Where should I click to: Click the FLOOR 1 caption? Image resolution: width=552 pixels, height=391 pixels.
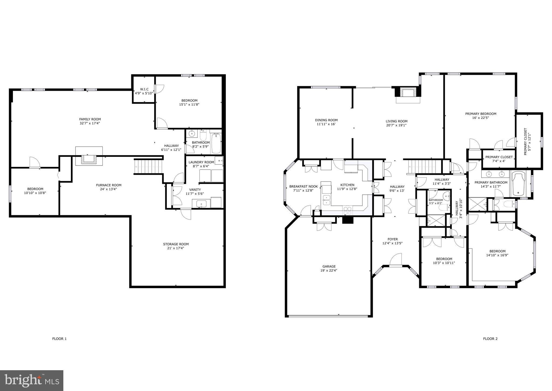click(x=59, y=339)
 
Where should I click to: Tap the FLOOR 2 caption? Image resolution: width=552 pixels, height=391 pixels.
click(x=490, y=339)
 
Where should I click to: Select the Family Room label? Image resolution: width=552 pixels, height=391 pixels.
click(x=90, y=119)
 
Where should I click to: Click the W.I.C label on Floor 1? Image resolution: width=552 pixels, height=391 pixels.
click(x=144, y=89)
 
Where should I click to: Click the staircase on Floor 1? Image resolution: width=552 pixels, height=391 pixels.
click(x=149, y=166)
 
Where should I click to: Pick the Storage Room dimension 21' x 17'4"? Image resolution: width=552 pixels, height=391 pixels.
click(x=176, y=248)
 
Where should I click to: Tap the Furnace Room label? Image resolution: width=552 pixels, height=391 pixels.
click(x=109, y=185)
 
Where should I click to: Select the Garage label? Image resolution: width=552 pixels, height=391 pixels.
click(x=329, y=266)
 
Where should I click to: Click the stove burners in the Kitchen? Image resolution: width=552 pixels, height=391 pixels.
click(x=347, y=210)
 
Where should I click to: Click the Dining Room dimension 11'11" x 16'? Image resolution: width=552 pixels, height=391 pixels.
click(x=326, y=124)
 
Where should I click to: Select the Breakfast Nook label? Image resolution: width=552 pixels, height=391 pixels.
click(x=303, y=186)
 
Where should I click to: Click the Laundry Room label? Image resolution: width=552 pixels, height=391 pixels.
click(x=201, y=162)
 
